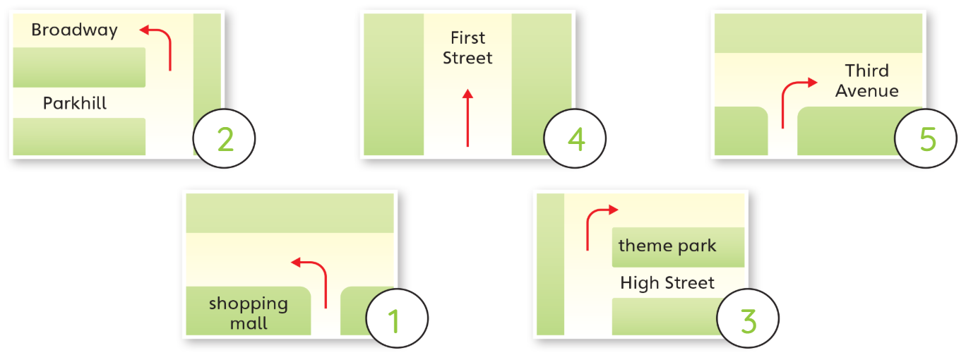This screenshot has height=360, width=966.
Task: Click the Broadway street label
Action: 75,30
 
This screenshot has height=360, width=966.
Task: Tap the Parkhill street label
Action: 75,103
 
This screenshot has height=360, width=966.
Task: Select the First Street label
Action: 467,47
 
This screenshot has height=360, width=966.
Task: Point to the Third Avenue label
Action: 867,80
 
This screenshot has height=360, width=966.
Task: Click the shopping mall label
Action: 249,313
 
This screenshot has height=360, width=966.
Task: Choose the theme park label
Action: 667,246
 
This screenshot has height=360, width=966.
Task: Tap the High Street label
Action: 667,283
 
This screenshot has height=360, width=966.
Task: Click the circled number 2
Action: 224,138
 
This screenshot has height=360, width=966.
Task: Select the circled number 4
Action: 575,138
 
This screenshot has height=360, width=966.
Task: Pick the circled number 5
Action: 926,138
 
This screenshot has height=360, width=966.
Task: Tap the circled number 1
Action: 397,318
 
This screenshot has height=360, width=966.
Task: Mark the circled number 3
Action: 748,318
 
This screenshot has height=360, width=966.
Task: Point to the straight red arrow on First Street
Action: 467,118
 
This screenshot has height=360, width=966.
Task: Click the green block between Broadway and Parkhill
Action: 79,67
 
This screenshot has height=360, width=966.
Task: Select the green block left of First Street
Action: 394,84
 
